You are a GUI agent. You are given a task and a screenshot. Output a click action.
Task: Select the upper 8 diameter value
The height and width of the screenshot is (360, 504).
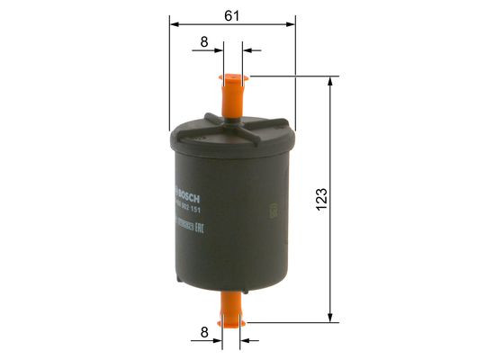[204, 41]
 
